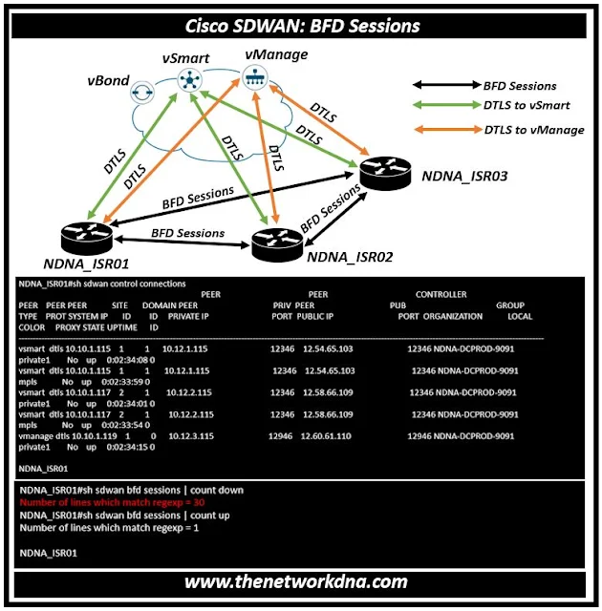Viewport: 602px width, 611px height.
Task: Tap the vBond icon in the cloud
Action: (x=144, y=91)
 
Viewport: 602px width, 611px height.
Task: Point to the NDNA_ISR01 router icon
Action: (x=84, y=233)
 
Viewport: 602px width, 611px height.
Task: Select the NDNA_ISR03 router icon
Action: (x=385, y=172)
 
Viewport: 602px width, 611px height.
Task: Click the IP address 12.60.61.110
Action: (x=327, y=435)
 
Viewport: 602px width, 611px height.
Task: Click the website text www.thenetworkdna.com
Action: (x=296, y=581)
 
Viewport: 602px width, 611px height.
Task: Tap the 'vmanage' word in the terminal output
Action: (x=35, y=435)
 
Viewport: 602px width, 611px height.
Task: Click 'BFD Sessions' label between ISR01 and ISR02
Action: (x=186, y=233)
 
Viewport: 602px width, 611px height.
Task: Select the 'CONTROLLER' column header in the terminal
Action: (x=441, y=295)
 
